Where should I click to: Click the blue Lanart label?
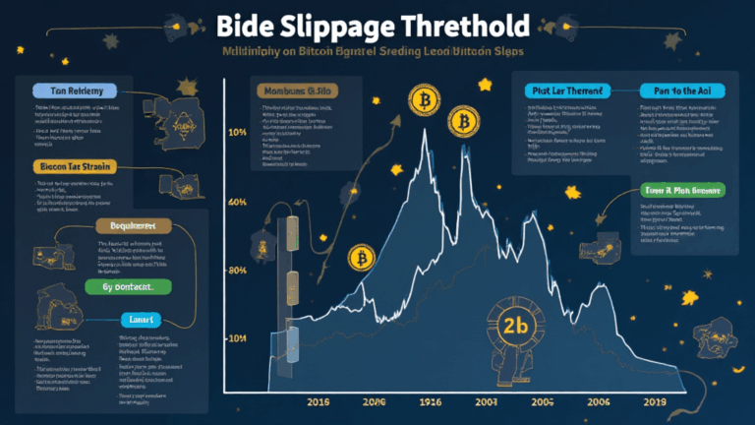click(x=141, y=320)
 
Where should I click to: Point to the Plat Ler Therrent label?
click(x=563, y=91)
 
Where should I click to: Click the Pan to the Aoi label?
click(x=679, y=91)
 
